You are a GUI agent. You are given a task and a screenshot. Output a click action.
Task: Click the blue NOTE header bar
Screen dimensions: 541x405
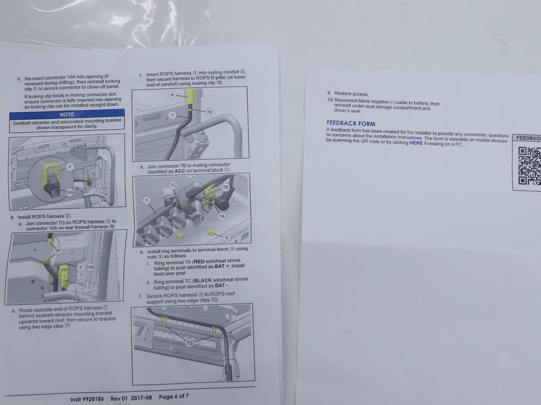pyautogui.click(x=67, y=114)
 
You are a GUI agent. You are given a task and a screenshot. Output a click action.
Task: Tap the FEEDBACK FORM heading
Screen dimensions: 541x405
pyautogui.click(x=351, y=123)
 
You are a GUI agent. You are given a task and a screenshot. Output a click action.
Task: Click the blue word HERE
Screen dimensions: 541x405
pyautogui.click(x=416, y=143)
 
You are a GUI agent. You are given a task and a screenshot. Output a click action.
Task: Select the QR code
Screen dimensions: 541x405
pyautogui.click(x=529, y=166)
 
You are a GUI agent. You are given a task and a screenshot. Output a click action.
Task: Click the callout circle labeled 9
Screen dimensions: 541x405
pyautogui.click(x=172, y=95)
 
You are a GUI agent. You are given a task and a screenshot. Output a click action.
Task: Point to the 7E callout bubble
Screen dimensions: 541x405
pyautogui.click(x=209, y=112)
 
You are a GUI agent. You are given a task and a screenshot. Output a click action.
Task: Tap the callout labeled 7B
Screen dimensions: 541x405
pyautogui.click(x=225, y=187)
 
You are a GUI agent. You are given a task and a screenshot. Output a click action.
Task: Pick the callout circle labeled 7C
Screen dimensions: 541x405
pyautogui.click(x=173, y=185)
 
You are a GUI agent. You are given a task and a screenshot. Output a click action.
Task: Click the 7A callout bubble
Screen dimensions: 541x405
pyautogui.click(x=222, y=216)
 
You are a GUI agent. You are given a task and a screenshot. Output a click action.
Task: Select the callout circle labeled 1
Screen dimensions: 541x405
pyautogui.click(x=147, y=200)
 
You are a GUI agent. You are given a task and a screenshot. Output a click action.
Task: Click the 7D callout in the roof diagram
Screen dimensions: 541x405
pyautogui.click(x=189, y=343)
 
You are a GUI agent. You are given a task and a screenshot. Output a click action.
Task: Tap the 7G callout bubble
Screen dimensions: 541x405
pyautogui.click(x=80, y=284)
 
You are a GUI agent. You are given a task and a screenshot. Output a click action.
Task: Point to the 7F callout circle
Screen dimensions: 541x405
pyautogui.click(x=58, y=251)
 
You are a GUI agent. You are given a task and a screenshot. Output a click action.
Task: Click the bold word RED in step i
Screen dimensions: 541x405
pyautogui.click(x=199, y=262)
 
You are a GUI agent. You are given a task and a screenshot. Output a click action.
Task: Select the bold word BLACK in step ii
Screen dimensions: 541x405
pyautogui.click(x=203, y=281)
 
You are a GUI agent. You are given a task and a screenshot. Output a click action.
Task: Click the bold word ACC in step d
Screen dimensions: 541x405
pyautogui.click(x=180, y=171)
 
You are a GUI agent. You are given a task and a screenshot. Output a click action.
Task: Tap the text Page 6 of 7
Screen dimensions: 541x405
pyautogui.click(x=174, y=397)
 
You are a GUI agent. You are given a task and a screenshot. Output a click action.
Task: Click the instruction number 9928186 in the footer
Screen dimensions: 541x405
pyautogui.click(x=93, y=399)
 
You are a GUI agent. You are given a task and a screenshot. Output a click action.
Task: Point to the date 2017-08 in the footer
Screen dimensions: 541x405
pyautogui.click(x=141, y=398)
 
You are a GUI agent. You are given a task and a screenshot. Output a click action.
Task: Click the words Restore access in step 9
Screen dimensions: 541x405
pyautogui.click(x=351, y=94)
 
